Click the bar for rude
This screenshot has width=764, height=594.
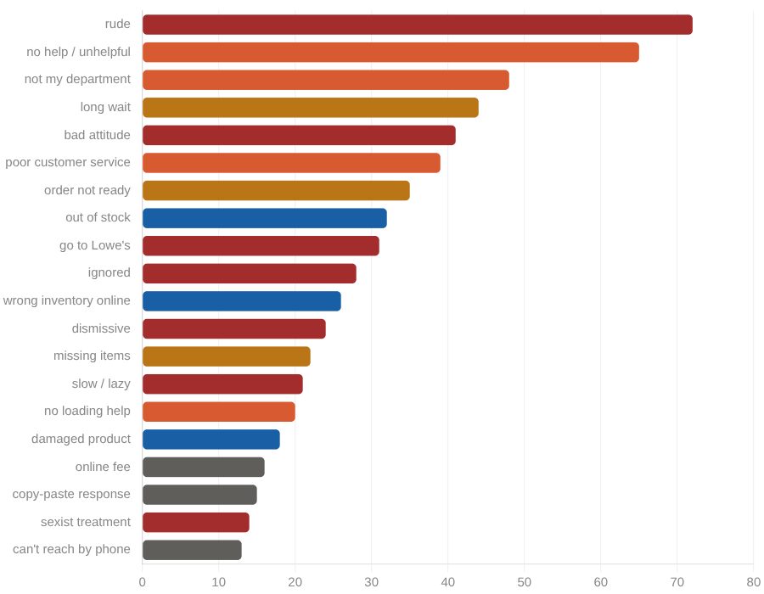coord(417,25)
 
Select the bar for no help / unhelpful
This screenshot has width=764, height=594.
coord(390,53)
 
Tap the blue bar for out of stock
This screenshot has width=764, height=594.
coord(264,218)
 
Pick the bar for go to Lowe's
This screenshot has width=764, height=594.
coord(261,246)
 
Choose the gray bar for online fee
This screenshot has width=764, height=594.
coord(203,467)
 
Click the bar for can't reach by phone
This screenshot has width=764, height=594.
coord(192,550)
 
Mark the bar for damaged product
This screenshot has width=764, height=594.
coord(211,440)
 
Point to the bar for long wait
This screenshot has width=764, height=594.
coord(310,108)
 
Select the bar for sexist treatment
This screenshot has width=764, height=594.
coord(195,522)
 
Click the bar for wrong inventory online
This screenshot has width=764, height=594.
coord(241,301)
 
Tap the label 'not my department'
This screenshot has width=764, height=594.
coord(77,80)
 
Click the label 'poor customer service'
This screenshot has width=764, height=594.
coord(68,163)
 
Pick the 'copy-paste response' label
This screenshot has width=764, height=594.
coord(71,495)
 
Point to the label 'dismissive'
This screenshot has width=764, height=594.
coord(101,328)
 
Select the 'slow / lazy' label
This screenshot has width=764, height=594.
coord(101,384)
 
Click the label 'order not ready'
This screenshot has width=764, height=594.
coord(87,191)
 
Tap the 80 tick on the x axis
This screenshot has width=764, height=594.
coord(754,582)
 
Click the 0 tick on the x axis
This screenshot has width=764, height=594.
coord(143,582)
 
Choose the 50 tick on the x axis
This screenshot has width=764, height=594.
coord(525,582)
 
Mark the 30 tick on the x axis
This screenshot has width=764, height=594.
coord(372,582)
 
